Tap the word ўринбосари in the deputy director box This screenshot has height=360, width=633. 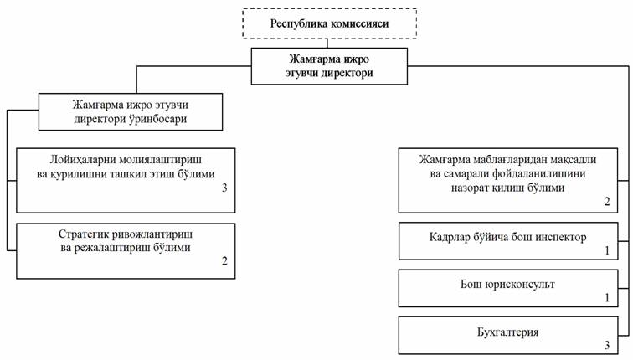tap(157, 119)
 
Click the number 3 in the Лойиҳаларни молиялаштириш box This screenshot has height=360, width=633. tap(224, 188)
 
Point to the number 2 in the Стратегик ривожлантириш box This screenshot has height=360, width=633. tap(224, 261)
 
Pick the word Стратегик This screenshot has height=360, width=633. tap(84, 234)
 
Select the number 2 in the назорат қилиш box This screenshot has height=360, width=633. tap(607, 202)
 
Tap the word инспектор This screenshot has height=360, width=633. tap(561, 237)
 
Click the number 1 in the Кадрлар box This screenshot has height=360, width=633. tap(607, 250)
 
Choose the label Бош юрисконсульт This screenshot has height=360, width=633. tap(508, 284)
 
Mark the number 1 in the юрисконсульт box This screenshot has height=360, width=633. tap(607, 298)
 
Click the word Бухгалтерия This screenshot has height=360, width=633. tap(508, 332)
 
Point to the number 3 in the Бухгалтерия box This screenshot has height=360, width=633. tap(607, 345)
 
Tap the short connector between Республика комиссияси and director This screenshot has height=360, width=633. tap(327, 44)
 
